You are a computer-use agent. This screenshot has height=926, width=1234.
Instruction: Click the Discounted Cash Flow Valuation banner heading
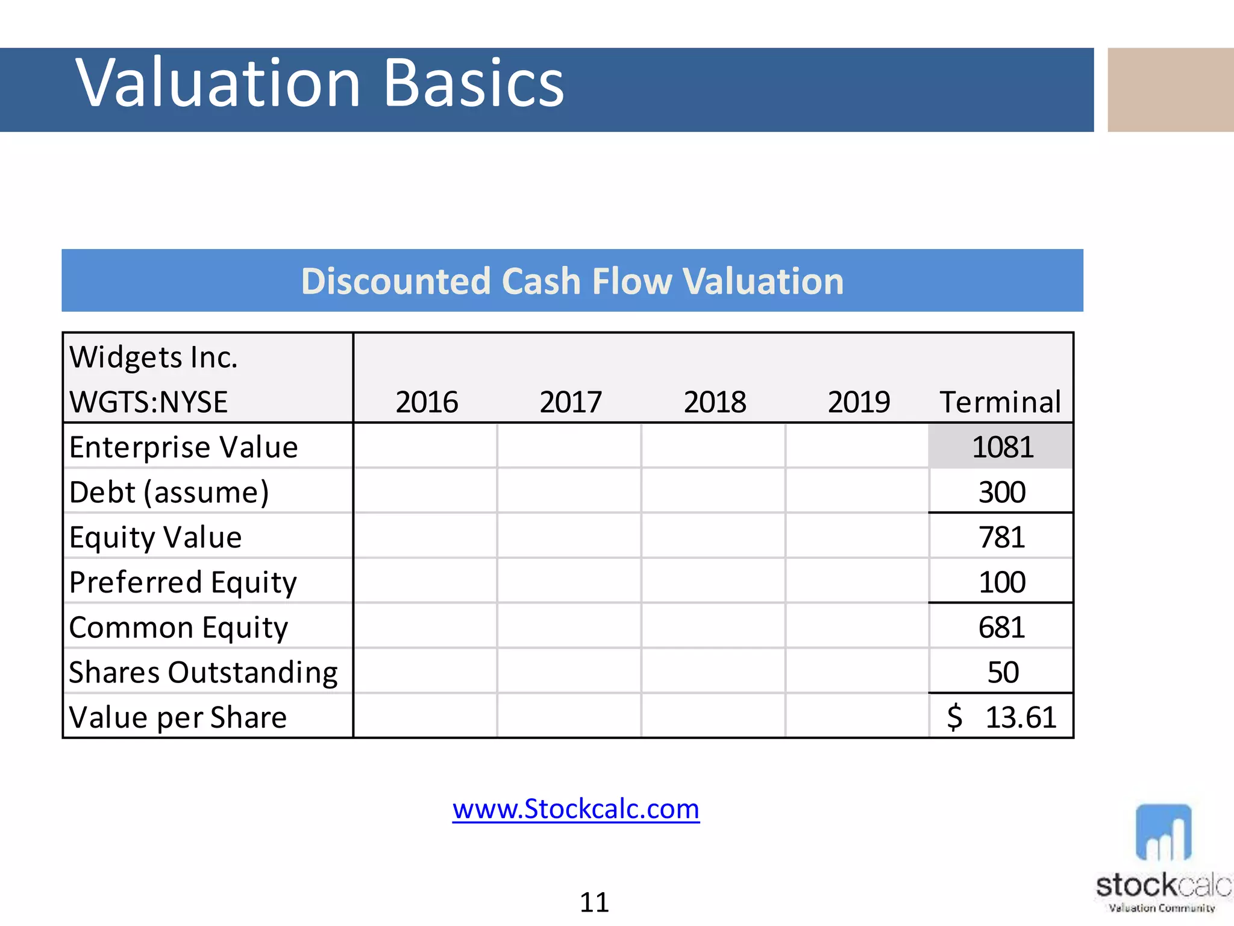(572, 281)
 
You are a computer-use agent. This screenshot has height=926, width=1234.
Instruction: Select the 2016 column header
(427, 402)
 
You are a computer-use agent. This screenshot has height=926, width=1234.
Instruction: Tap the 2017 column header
(571, 402)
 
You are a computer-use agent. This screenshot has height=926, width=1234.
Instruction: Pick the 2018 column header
(715, 402)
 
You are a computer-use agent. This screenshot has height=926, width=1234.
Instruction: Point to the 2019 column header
(859, 402)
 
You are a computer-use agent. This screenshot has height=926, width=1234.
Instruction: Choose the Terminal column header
(1000, 402)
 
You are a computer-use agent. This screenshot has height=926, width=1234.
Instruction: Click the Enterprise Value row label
(184, 447)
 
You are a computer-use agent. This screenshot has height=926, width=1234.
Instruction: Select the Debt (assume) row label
(169, 493)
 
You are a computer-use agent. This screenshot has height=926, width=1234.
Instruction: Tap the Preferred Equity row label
(183, 582)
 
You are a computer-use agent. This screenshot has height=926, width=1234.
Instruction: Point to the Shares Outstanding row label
(203, 672)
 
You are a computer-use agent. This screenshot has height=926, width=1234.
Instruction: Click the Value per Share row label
(178, 717)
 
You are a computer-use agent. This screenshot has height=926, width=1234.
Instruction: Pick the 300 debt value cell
(1002, 493)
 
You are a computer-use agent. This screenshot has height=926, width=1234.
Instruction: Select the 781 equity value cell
(1002, 537)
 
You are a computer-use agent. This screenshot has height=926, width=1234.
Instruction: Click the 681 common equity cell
(1002, 628)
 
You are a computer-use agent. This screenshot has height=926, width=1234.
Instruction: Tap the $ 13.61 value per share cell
(1002, 717)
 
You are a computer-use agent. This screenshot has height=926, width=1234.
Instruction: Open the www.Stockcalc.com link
(576, 809)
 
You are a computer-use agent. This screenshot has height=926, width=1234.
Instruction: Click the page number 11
(594, 902)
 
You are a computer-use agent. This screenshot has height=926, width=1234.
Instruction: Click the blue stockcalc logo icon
(1163, 833)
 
